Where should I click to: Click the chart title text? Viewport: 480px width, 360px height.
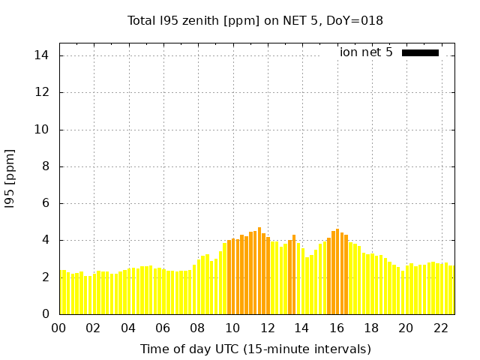click(x=255, y=21)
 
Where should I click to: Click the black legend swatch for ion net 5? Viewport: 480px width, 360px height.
click(x=420, y=52)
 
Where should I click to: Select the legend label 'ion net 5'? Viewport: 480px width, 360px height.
click(x=366, y=52)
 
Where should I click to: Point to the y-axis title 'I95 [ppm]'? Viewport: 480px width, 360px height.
click(x=10, y=178)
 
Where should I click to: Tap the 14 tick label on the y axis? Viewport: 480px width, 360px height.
click(x=42, y=55)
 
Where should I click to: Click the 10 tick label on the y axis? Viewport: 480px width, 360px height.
click(x=42, y=129)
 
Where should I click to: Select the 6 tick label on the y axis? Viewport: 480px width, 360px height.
click(x=45, y=202)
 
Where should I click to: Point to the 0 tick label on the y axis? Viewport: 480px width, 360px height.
click(x=45, y=313)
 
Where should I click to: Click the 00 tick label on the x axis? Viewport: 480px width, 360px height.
click(x=59, y=328)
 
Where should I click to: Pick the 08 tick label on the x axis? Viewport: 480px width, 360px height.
click(x=198, y=328)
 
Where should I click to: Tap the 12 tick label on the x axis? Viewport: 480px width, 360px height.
click(x=267, y=328)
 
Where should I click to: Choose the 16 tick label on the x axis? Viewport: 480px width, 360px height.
click(x=337, y=328)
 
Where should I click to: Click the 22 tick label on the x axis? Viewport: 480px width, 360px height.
click(x=440, y=328)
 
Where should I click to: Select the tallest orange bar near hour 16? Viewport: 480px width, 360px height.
click(x=337, y=272)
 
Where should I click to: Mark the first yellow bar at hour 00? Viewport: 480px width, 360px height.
click(x=61, y=292)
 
